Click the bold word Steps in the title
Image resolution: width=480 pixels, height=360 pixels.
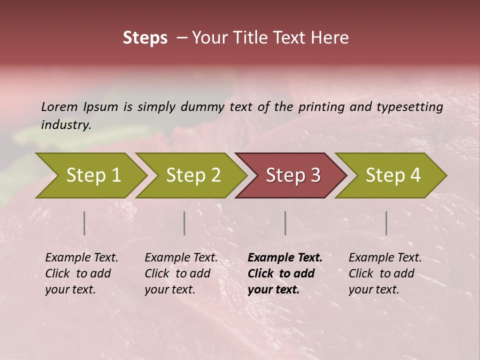pos(145,38)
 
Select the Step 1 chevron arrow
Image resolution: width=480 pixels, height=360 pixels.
pos(92,175)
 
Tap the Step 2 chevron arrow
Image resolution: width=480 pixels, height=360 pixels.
pos(192,175)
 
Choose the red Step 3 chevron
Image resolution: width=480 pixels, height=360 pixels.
pos(292,175)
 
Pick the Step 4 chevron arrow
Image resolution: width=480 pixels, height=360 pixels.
pos(392,175)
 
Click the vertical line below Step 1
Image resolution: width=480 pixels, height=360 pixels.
pos(84,223)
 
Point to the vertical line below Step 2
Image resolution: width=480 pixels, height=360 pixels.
pos(184,223)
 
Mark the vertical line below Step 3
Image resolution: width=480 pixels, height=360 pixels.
pos(285,223)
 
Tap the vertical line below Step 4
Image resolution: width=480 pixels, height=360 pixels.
pos(386,223)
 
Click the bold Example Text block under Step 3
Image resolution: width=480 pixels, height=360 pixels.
pos(285,273)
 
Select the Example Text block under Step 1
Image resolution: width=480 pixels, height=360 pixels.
pos(81,273)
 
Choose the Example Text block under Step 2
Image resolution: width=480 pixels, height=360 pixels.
pos(181,273)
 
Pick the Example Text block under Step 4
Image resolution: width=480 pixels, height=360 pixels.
pos(385,273)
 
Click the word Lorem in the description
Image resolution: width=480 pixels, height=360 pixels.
pos(59,107)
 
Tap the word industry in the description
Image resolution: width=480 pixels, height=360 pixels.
pos(66,125)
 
